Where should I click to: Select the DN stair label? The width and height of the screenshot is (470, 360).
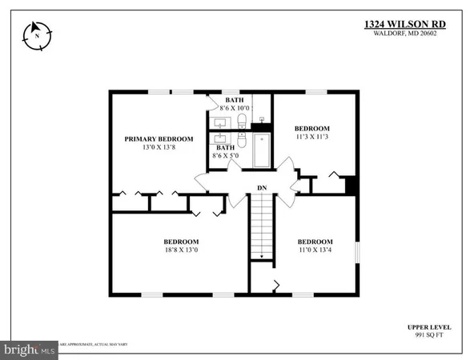coord(262,189)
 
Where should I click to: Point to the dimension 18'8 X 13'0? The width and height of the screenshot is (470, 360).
coord(181,250)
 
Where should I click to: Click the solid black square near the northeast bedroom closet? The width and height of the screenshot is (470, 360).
coord(350,185)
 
